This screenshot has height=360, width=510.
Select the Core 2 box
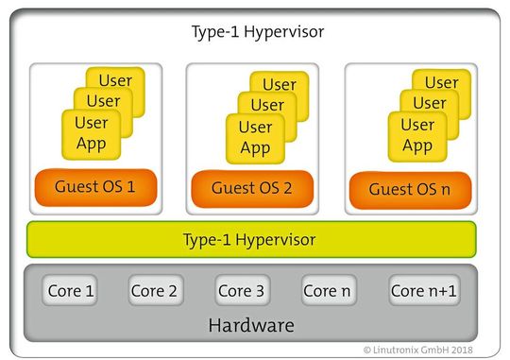click(154, 291)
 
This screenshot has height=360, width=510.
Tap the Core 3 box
click(241, 291)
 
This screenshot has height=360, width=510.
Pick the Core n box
click(328, 291)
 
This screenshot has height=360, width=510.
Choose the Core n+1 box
click(423, 291)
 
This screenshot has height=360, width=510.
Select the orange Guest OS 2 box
click(251, 188)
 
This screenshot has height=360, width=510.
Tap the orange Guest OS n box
click(410, 189)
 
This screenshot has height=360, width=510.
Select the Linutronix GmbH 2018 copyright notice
click(431, 349)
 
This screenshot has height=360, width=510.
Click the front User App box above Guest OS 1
click(92, 134)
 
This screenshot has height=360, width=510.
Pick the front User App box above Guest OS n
click(416, 136)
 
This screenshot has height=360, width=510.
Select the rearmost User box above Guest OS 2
click(280, 86)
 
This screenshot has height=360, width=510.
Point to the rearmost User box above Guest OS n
click(441, 83)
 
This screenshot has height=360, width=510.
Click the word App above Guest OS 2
click(255, 147)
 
